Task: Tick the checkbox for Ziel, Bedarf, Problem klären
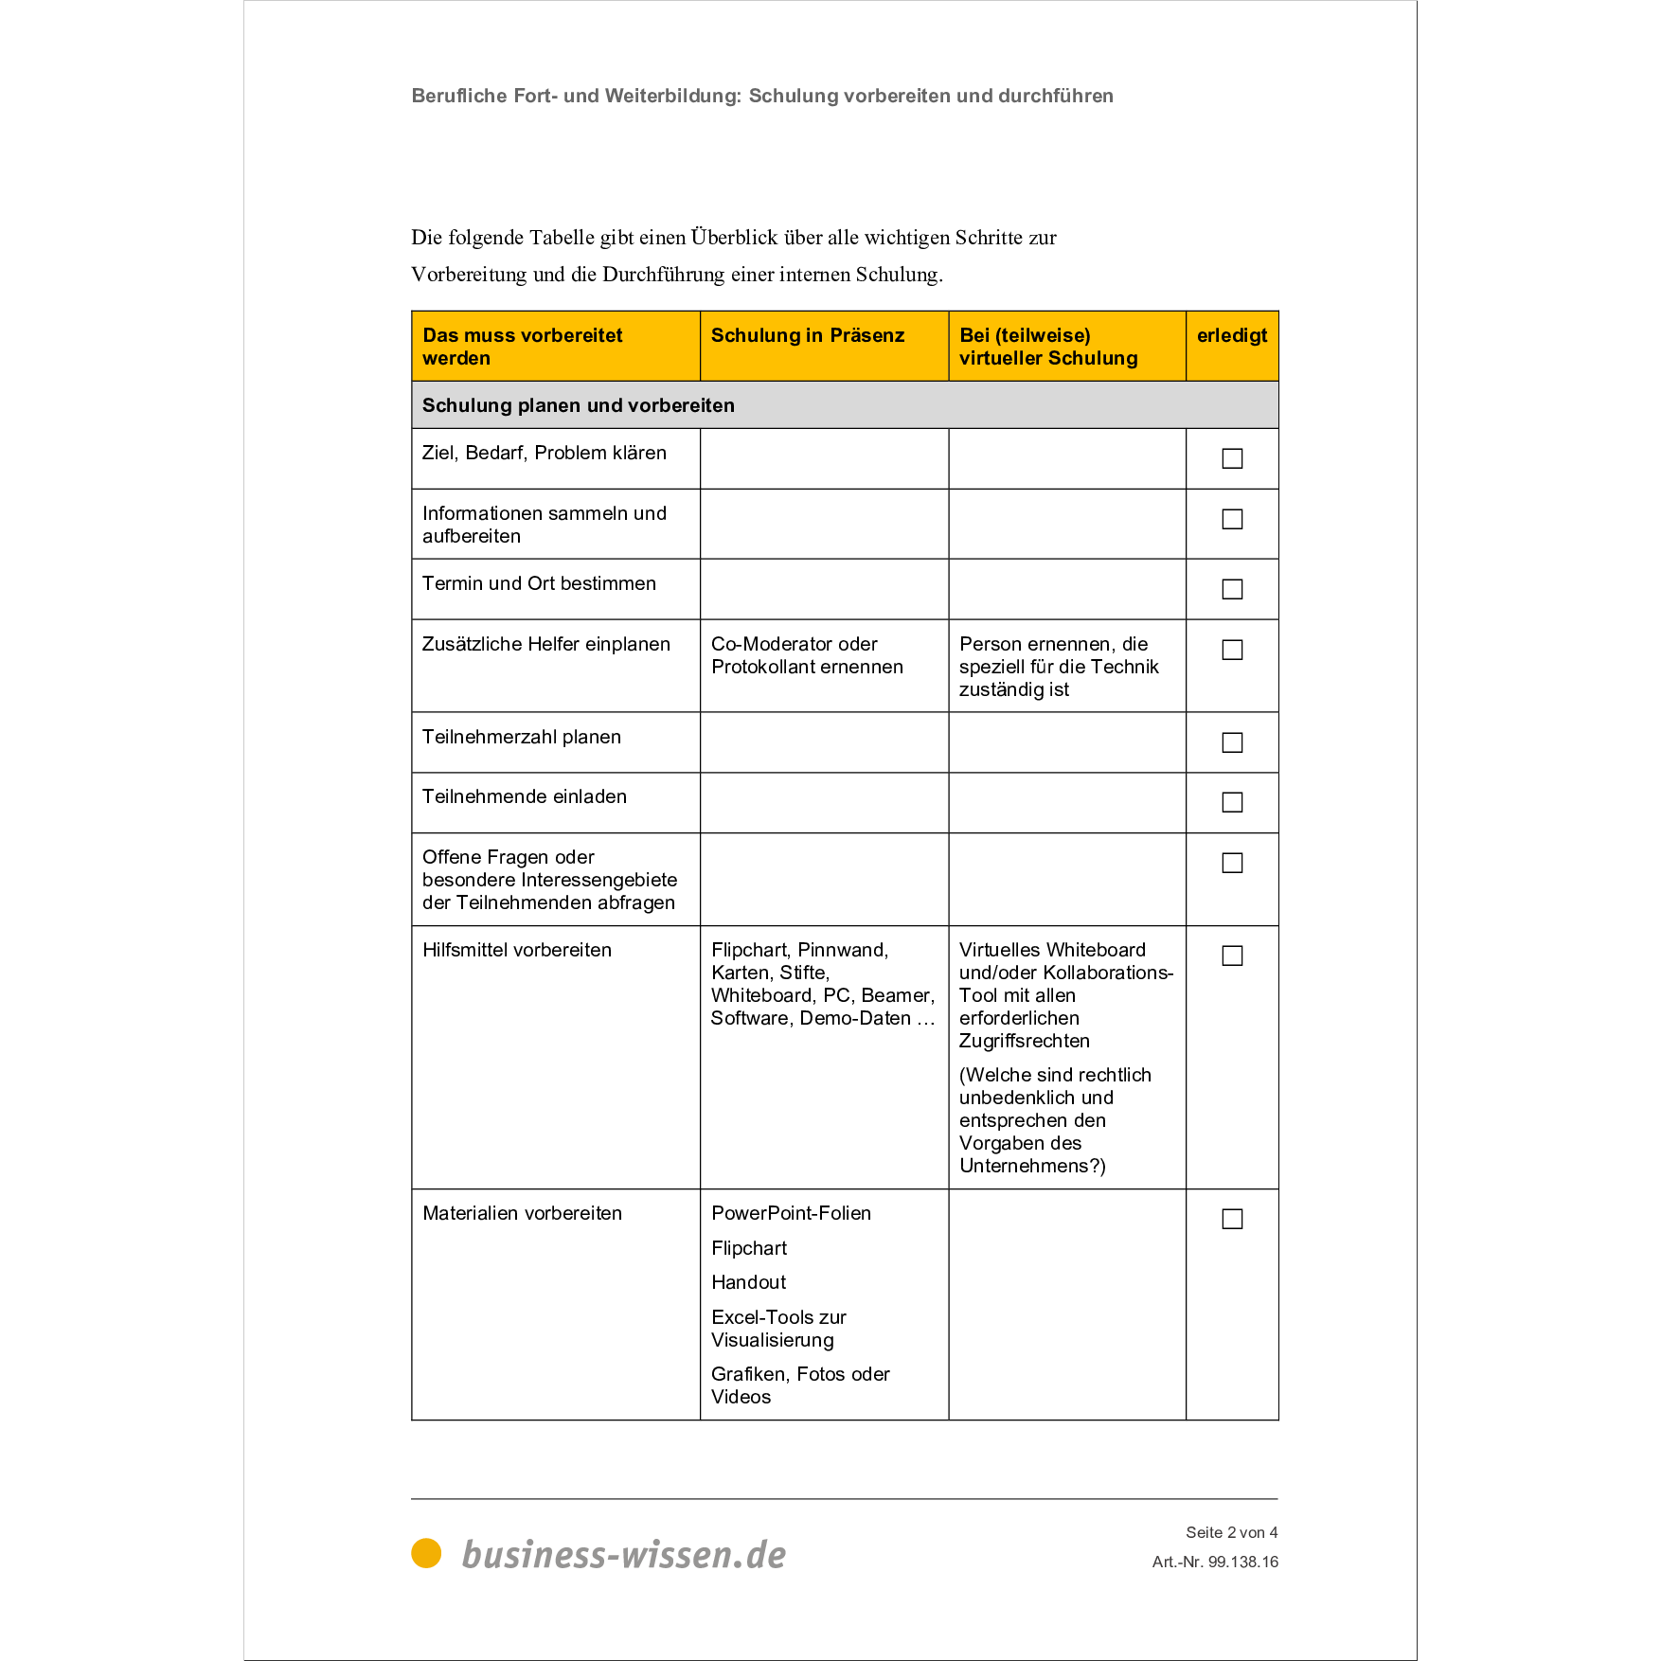(1232, 458)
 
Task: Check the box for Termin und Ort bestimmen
(1232, 589)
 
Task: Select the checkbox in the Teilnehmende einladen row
(1232, 802)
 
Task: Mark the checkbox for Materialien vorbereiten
(1232, 1219)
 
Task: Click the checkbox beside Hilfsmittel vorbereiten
(1232, 956)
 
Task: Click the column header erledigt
(1231, 335)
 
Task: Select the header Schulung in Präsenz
(807, 335)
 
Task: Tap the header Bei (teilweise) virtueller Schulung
(1047, 347)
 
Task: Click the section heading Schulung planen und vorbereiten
(578, 405)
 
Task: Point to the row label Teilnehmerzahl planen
(521, 737)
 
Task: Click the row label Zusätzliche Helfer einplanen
(545, 644)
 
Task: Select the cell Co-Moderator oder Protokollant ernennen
(807, 655)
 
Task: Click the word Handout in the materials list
(748, 1282)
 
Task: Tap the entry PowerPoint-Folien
(791, 1213)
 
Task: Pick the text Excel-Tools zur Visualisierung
(778, 1329)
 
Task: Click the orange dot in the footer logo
(426, 1553)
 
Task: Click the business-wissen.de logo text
(623, 1555)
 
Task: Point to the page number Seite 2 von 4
(1231, 1532)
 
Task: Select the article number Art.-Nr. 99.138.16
(1215, 1562)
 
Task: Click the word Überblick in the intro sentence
(734, 238)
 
